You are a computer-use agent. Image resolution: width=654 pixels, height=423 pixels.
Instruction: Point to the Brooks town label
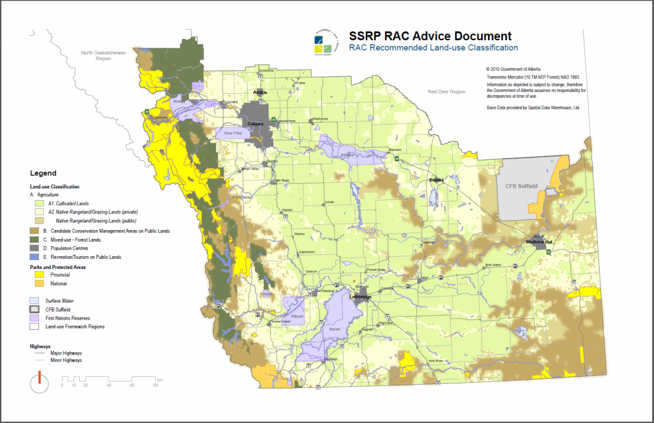point(437,180)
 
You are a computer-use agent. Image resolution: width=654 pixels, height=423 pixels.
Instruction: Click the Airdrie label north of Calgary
point(260,93)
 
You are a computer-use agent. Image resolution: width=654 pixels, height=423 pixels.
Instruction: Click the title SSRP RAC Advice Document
point(429,36)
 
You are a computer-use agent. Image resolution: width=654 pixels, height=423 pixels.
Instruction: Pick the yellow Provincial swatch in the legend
point(38,274)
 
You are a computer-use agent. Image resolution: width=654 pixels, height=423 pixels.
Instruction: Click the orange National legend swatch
point(38,283)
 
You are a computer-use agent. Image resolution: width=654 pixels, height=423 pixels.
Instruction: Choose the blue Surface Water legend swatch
point(38,300)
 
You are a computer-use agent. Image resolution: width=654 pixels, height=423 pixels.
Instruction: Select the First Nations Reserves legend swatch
point(38,318)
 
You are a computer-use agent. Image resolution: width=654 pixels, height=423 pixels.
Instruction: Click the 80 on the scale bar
point(155,385)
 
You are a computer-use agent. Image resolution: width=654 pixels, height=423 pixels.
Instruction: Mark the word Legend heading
point(43,173)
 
